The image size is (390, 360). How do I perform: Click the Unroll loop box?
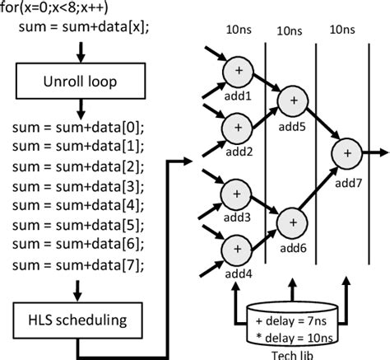[81, 82]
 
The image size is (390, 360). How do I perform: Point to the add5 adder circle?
[292, 101]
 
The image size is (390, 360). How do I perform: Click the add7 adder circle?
[346, 153]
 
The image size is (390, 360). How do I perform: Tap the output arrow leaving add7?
[373, 152]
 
